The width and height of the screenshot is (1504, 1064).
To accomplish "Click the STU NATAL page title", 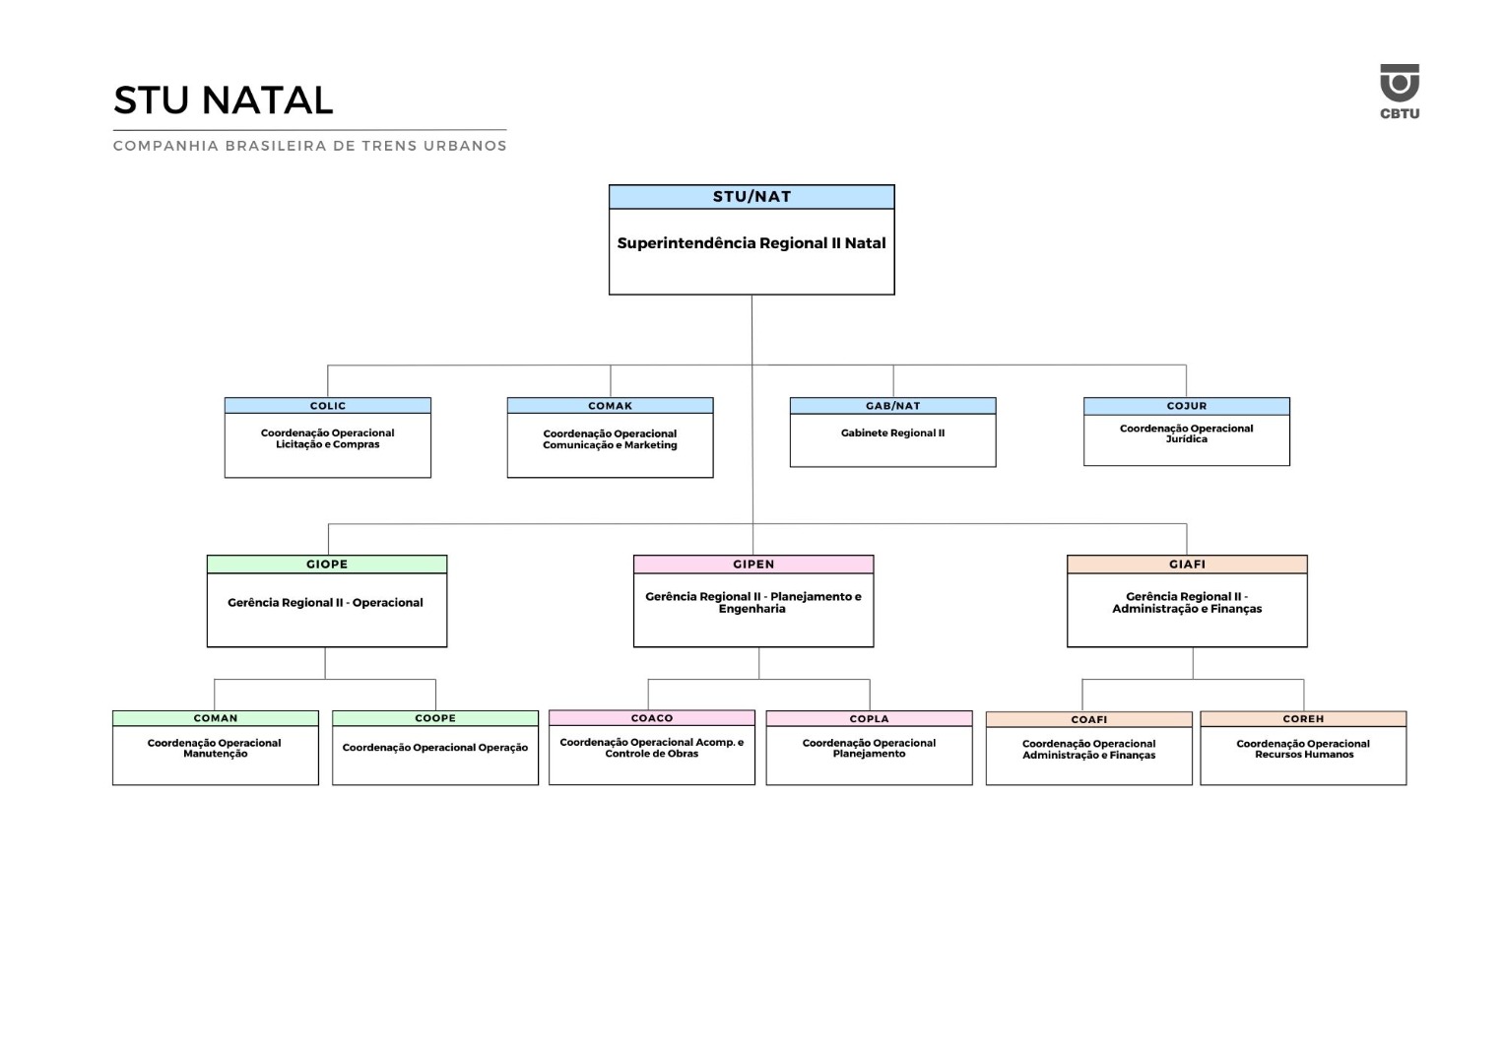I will (x=224, y=100).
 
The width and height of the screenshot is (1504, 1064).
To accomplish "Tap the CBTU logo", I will (x=1399, y=91).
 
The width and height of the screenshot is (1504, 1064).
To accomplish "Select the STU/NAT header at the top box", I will (x=752, y=197).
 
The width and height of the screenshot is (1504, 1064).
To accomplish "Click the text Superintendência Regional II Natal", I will (x=752, y=243).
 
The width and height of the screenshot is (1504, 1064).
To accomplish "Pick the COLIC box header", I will (x=328, y=406).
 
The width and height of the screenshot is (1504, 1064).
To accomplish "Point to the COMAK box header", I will (x=611, y=406).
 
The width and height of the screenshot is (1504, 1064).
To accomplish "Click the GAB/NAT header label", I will (x=892, y=406).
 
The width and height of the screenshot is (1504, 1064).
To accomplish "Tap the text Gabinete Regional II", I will (x=892, y=433).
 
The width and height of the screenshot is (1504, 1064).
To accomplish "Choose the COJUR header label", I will (x=1186, y=406).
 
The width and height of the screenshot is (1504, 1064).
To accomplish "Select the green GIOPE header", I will (x=327, y=565).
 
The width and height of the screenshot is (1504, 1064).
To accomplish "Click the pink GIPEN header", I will (x=753, y=565).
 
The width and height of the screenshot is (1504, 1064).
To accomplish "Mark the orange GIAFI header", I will (x=1187, y=565).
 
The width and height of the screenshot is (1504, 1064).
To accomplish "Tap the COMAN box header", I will (x=216, y=718).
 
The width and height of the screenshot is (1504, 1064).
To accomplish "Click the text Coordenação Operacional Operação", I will (x=435, y=748).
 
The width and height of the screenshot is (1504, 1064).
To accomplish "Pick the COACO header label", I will (x=652, y=718).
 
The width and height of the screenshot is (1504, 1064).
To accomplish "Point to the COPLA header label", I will (x=869, y=719).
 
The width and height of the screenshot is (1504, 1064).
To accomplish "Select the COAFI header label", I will (x=1089, y=720).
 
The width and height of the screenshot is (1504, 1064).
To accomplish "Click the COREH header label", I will (x=1303, y=719).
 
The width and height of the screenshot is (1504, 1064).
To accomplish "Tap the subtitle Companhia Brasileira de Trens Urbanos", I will (x=310, y=146).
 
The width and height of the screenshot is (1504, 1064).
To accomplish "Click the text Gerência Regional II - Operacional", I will (x=325, y=603).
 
